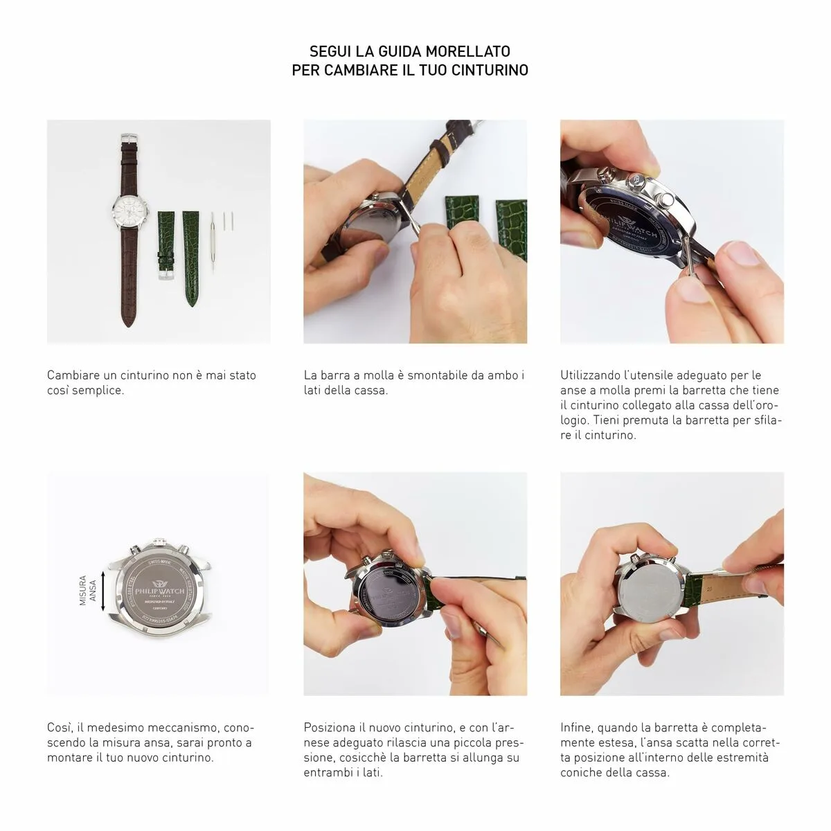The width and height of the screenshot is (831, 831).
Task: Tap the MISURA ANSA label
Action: pos(87,590)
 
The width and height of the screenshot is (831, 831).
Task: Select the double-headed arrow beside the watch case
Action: pos(103,590)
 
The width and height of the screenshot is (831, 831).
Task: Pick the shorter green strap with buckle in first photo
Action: pos(165,242)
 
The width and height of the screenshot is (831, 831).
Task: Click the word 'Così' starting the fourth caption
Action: pos(59,728)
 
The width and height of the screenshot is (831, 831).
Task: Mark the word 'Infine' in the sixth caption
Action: pos(576,728)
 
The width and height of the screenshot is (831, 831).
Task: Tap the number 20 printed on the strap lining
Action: pos(711,587)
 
